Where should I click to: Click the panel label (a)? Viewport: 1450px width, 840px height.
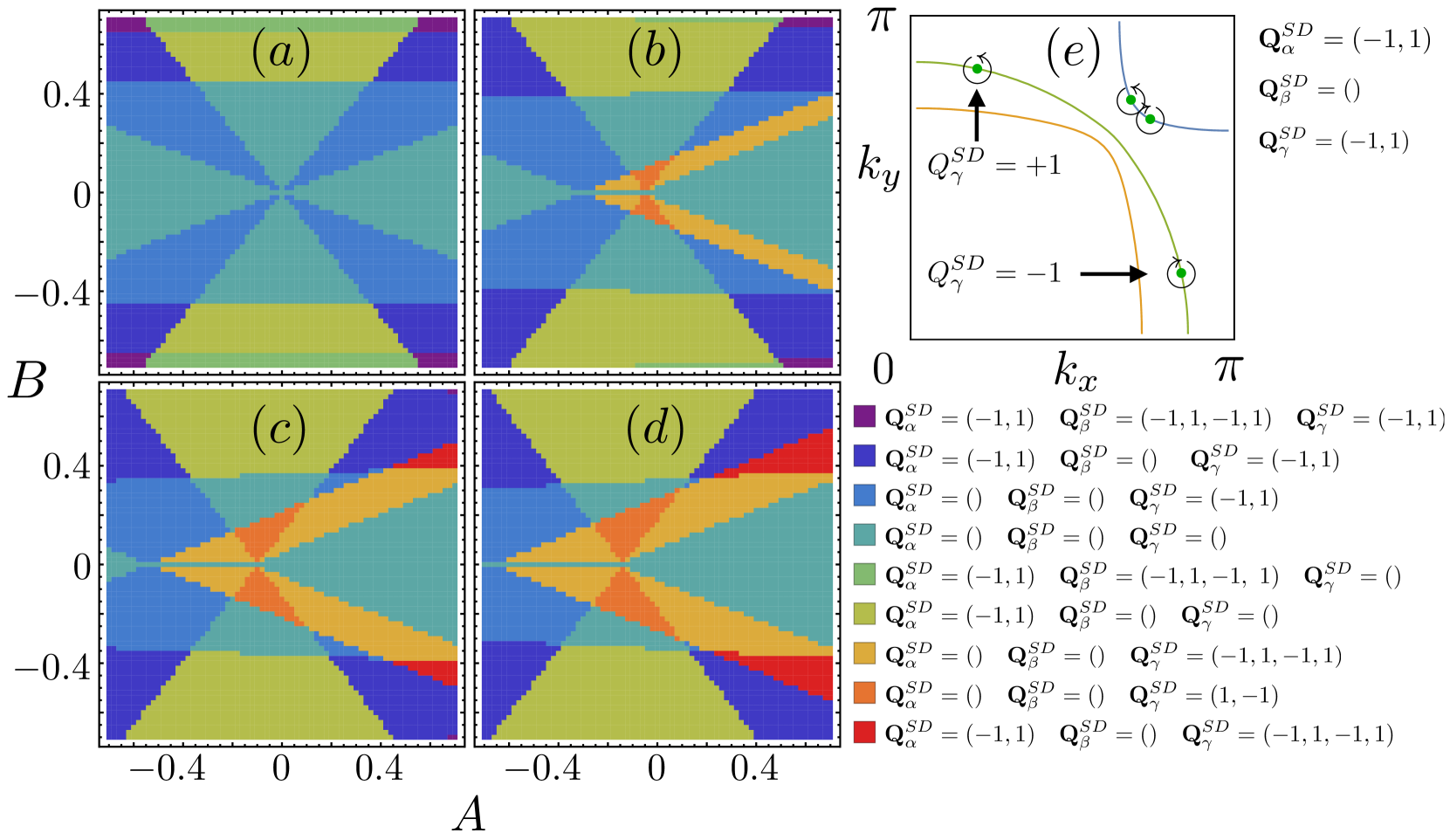click(x=279, y=54)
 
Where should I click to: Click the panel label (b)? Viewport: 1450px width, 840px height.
click(x=655, y=54)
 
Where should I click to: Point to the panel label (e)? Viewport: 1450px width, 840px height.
click(x=1073, y=54)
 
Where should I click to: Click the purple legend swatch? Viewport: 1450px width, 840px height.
click(x=864, y=417)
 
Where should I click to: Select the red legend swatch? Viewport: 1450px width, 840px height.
click(x=864, y=733)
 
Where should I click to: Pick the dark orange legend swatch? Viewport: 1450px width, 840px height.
click(x=864, y=693)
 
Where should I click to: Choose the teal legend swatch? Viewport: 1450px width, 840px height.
click(x=864, y=535)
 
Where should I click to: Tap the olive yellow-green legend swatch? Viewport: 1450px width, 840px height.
click(x=864, y=615)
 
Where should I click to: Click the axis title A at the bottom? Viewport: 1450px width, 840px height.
click(x=469, y=816)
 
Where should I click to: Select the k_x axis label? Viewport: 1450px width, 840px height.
click(x=1075, y=371)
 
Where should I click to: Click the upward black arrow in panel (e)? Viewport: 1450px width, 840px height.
click(x=977, y=114)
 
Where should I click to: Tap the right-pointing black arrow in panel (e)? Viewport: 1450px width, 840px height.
click(x=1114, y=274)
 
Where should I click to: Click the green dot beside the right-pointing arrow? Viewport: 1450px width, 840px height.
click(x=1181, y=273)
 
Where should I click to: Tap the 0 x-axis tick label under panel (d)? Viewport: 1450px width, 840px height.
click(x=656, y=769)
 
